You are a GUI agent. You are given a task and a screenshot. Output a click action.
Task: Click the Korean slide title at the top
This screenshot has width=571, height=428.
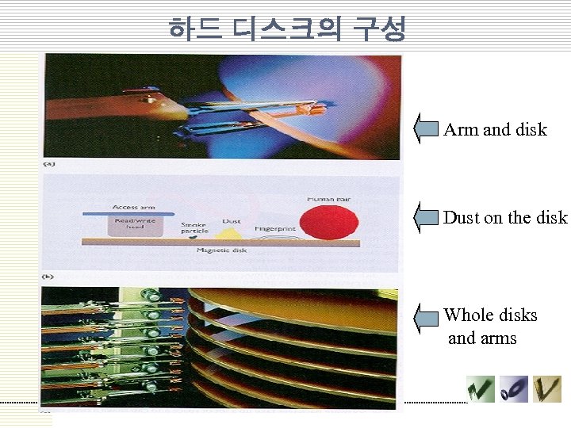click(286, 29)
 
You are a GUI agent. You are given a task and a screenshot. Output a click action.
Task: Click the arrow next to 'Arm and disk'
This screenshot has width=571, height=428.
click(426, 128)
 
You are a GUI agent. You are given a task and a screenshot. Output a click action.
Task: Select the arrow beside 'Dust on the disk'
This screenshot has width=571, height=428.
click(426, 216)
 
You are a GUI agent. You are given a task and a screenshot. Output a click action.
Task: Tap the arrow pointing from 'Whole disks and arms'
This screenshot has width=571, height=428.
click(426, 317)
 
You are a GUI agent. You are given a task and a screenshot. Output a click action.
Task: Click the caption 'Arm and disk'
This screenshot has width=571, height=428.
click(495, 129)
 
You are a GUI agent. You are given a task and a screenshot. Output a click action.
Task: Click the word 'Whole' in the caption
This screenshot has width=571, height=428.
click(467, 315)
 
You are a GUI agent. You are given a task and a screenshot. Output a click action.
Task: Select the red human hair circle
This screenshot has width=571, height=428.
click(328, 222)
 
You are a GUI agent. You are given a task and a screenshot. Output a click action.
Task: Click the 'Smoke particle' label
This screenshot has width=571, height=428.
click(194, 227)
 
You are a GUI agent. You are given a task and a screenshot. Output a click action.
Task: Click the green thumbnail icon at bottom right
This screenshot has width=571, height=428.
click(481, 388)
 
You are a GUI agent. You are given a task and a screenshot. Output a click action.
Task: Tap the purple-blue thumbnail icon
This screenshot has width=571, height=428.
click(514, 388)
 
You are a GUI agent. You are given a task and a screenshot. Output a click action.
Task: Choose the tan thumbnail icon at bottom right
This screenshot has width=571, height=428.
click(546, 388)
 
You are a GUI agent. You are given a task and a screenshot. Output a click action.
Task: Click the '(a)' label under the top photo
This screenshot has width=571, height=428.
click(48, 164)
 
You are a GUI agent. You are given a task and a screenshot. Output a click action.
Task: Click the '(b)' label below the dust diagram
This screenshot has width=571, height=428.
click(48, 277)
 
